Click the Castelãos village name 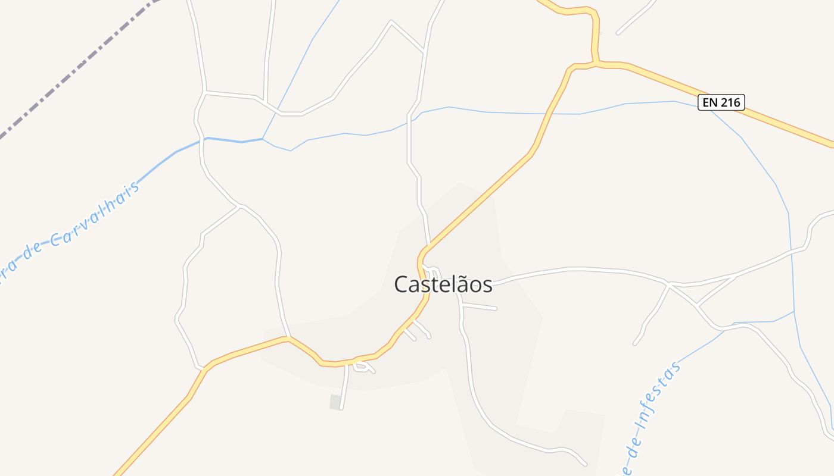coord(443,284)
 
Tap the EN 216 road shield coord(721,102)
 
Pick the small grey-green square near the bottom coord(335,402)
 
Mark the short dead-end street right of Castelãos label coord(480,307)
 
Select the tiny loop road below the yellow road coord(363,367)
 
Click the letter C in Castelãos coord(402,285)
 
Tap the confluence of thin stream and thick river coord(263,139)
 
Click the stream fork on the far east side coord(794,311)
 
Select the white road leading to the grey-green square coord(344,387)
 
